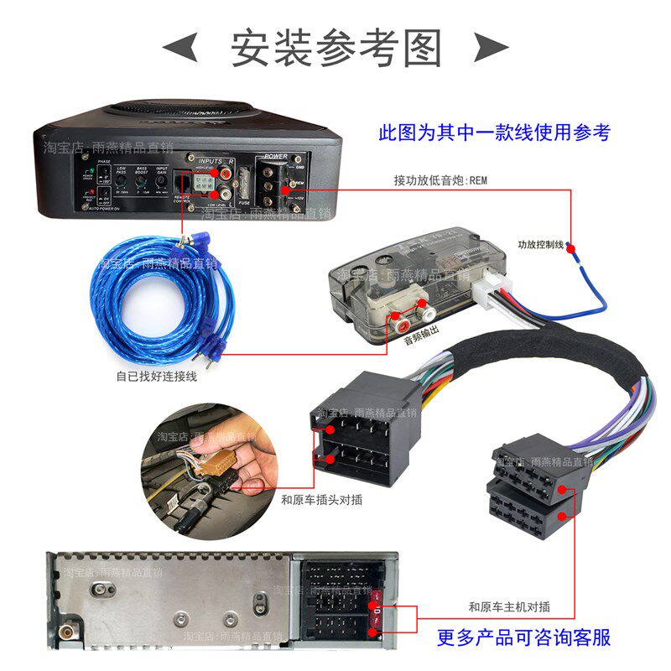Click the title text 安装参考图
335,49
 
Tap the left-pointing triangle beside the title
179,48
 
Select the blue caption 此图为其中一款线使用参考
495,133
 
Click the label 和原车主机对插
509,606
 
